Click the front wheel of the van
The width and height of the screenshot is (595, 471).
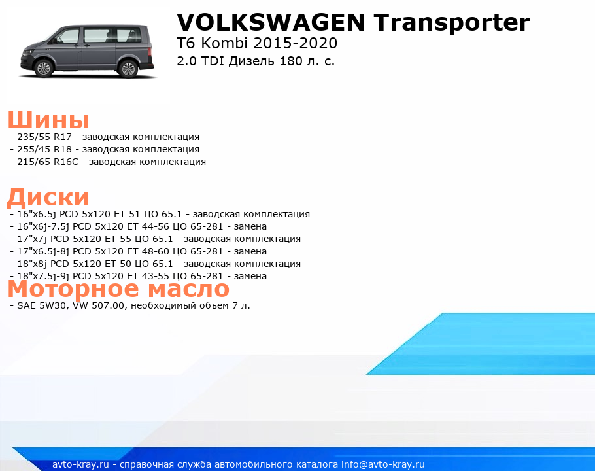pyautogui.click(x=44, y=68)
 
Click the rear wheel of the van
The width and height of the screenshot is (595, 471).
pyautogui.click(x=128, y=69)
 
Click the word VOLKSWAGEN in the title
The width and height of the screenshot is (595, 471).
pyautogui.click(x=271, y=22)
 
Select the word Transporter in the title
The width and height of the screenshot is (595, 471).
pyautogui.click(x=452, y=23)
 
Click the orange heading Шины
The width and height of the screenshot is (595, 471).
pyautogui.click(x=48, y=120)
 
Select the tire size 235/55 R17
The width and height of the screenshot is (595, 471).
pyautogui.click(x=44, y=137)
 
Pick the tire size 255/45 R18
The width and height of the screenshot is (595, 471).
pyautogui.click(x=44, y=150)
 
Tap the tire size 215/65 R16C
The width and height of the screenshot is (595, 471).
pyautogui.click(x=48, y=162)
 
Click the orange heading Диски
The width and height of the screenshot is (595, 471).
pyautogui.click(x=48, y=198)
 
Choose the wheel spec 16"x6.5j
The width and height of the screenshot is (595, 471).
pyautogui.click(x=37, y=214)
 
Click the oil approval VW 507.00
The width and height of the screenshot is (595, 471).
pyautogui.click(x=98, y=305)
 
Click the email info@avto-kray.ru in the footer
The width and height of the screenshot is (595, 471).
pyautogui.click(x=383, y=464)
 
